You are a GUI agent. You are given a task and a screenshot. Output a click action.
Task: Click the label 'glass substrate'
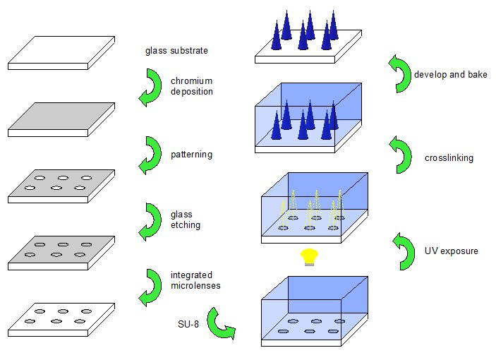[x=176, y=51]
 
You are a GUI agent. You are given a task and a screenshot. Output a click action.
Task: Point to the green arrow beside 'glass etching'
[x=150, y=220]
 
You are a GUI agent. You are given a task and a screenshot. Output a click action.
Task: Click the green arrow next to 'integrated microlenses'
[x=150, y=287]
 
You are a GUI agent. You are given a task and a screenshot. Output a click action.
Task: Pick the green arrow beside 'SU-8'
[x=220, y=323]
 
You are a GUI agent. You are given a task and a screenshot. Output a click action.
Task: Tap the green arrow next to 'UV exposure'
[x=404, y=251]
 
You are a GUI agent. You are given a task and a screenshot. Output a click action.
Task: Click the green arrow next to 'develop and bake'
[x=399, y=74]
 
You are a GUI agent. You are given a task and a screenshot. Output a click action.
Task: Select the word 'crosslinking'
[x=449, y=158]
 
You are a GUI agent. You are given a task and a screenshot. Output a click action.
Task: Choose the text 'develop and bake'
[x=450, y=74]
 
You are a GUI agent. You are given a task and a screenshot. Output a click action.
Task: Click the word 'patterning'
[x=192, y=153]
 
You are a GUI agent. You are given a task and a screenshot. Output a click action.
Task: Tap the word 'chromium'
[x=191, y=81]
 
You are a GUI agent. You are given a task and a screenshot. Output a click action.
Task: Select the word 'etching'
[x=186, y=225]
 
